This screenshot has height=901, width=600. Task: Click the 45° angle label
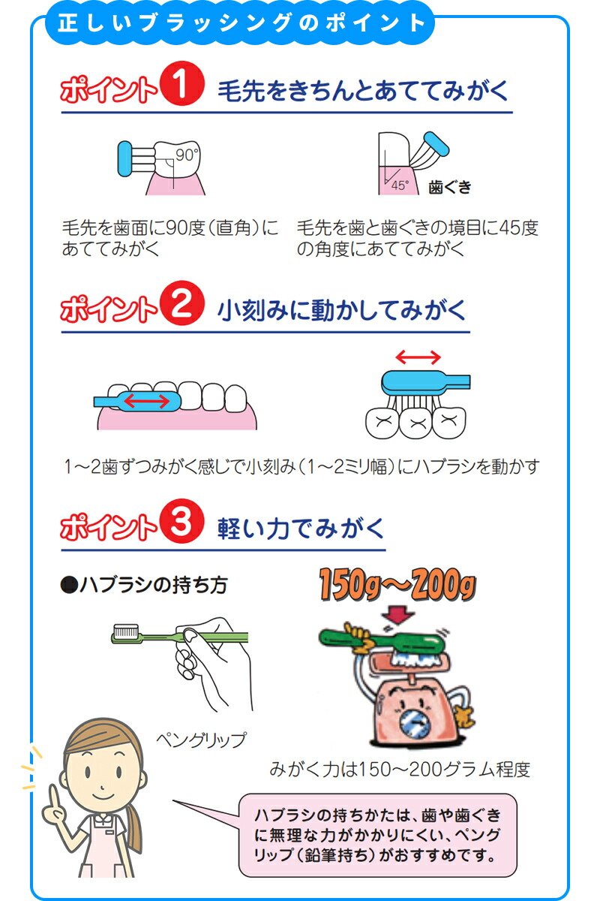point(399,185)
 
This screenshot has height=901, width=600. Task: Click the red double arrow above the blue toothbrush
point(418,356)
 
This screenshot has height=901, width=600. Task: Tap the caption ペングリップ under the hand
point(200,740)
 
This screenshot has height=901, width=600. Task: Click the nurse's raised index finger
point(50,791)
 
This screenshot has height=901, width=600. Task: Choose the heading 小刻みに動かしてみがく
point(341,310)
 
